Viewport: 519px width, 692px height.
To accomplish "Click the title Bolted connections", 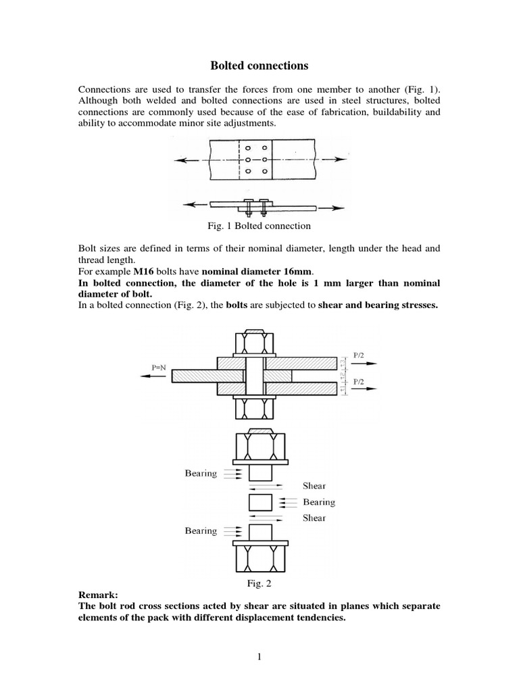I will (259, 66).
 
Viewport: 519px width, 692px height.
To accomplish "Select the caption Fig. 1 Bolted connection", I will (259, 225).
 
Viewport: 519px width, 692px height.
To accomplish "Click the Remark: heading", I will (98, 595).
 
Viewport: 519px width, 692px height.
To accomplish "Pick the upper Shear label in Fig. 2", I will (314, 486).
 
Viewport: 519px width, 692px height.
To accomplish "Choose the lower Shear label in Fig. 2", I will (314, 518).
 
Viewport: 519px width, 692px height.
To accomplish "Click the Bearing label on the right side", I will (319, 502).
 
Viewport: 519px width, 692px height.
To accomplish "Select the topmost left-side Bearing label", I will (201, 474).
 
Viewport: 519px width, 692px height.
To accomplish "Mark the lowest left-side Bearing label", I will (201, 531).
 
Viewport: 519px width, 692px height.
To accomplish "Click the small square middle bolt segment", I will (260, 502).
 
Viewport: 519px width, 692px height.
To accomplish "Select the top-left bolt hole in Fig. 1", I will (248, 147).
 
